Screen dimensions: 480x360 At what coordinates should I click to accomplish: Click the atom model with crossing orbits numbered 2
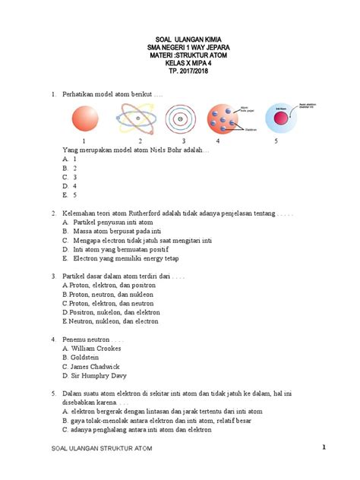point(139,119)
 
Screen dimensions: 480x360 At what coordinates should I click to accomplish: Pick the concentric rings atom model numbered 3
point(183,119)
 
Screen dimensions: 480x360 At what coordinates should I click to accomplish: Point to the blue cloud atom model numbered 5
point(277,118)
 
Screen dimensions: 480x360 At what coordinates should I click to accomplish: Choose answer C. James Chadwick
point(90,366)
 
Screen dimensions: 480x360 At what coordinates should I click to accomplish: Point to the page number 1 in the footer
point(323,447)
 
